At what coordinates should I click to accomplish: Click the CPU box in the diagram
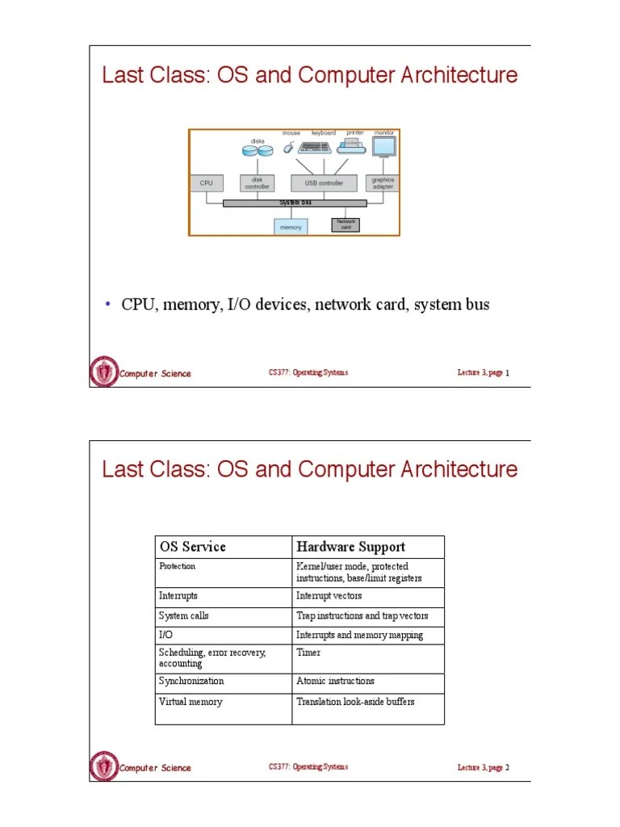tap(206, 183)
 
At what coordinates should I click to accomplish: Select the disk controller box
tap(258, 183)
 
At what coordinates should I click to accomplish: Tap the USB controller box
tap(324, 183)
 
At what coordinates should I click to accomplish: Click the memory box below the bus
tap(291, 227)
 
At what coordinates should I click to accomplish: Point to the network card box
tap(345, 225)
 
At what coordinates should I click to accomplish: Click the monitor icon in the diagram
tap(383, 146)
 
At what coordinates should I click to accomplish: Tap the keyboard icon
tap(316, 148)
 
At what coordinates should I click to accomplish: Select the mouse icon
tap(289, 149)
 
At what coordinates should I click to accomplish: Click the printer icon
tap(352, 146)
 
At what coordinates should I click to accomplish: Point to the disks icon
tap(257, 150)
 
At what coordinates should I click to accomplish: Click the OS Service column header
tap(192, 547)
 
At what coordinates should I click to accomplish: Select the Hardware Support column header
tap(350, 547)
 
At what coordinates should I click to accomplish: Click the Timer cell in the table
tap(308, 653)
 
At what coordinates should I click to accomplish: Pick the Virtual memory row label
tap(191, 702)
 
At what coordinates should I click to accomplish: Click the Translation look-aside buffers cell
tap(355, 702)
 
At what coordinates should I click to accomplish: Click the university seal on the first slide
tap(104, 372)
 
